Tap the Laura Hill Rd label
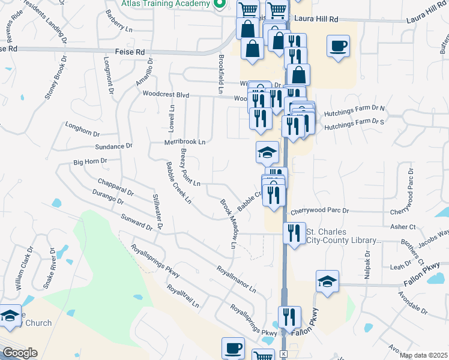[x=318, y=19]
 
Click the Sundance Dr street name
[x=113, y=146]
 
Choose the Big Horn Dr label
[x=90, y=161]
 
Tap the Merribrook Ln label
[x=185, y=142]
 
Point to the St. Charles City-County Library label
[x=343, y=236]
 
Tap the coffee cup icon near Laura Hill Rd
[x=338, y=46]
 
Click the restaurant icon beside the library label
[x=293, y=232]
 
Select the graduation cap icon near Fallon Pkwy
[x=327, y=281]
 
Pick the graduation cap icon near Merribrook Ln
[x=267, y=152]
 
